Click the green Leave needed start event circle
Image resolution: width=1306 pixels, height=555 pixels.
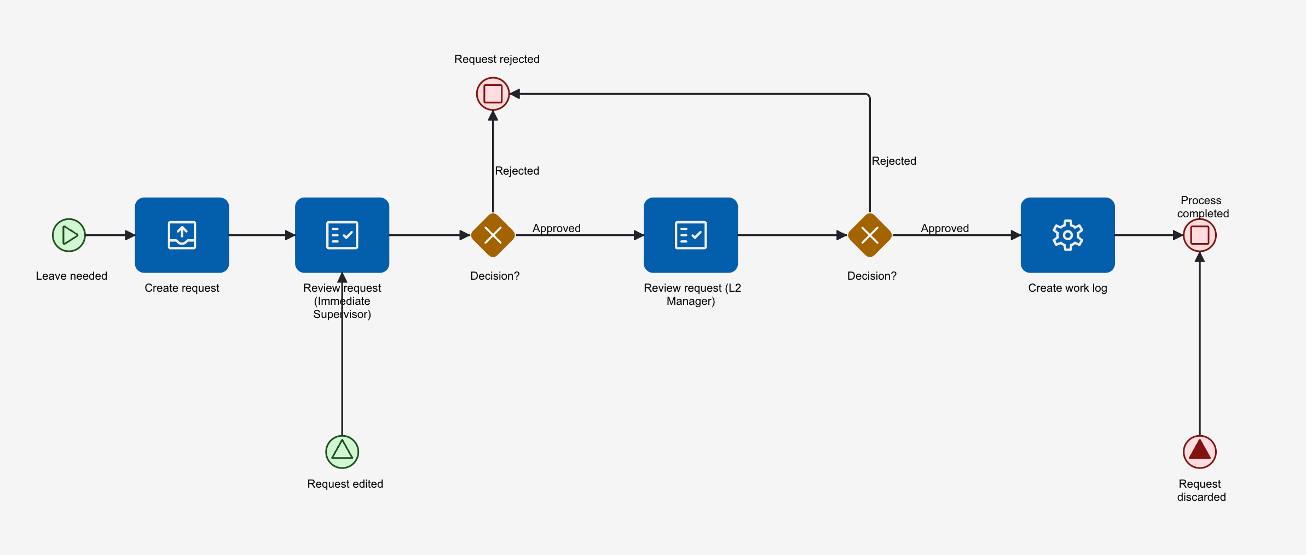[x=69, y=235]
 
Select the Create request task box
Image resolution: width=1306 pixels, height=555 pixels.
[x=182, y=235]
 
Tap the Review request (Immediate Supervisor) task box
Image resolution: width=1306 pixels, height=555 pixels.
[x=342, y=235]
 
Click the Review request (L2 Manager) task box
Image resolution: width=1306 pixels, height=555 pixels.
[x=691, y=235]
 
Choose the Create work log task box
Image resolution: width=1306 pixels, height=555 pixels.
[x=1068, y=235]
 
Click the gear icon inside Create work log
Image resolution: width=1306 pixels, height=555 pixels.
[x=1068, y=235]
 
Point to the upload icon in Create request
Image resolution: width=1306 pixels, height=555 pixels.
[x=182, y=235]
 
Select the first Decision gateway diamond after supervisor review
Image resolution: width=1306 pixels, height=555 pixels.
[x=493, y=235]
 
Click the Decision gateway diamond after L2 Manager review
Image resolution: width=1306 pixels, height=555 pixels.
[x=870, y=235]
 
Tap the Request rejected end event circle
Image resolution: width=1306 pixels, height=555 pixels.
[x=493, y=94]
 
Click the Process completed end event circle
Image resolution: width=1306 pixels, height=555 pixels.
[x=1200, y=235]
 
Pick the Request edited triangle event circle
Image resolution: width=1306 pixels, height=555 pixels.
[x=342, y=452]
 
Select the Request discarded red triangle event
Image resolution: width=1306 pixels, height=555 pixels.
[x=1200, y=452]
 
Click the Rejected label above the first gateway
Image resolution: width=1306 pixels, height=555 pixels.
[x=517, y=171]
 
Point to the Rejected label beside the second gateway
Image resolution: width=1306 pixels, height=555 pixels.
[x=894, y=161]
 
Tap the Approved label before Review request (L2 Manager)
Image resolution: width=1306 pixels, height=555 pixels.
[x=557, y=228]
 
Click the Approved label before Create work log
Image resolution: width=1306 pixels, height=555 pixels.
[x=945, y=228]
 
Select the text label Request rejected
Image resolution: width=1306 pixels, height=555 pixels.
[x=497, y=59]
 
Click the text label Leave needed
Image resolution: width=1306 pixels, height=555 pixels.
[x=72, y=276]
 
